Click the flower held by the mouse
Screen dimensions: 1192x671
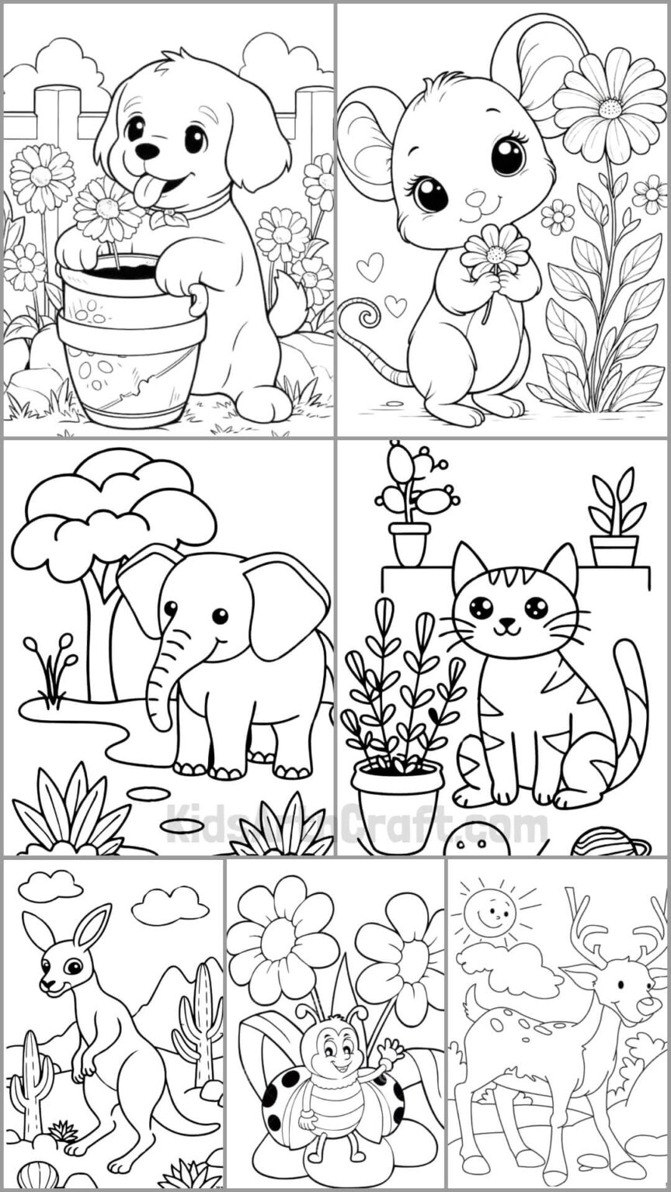(x=494, y=250)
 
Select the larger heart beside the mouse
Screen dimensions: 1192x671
(x=370, y=267)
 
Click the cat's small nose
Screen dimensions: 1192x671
(x=507, y=622)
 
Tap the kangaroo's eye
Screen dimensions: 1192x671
(x=73, y=967)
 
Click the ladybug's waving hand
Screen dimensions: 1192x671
(x=389, y=1054)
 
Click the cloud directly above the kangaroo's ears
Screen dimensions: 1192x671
(x=50, y=885)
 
